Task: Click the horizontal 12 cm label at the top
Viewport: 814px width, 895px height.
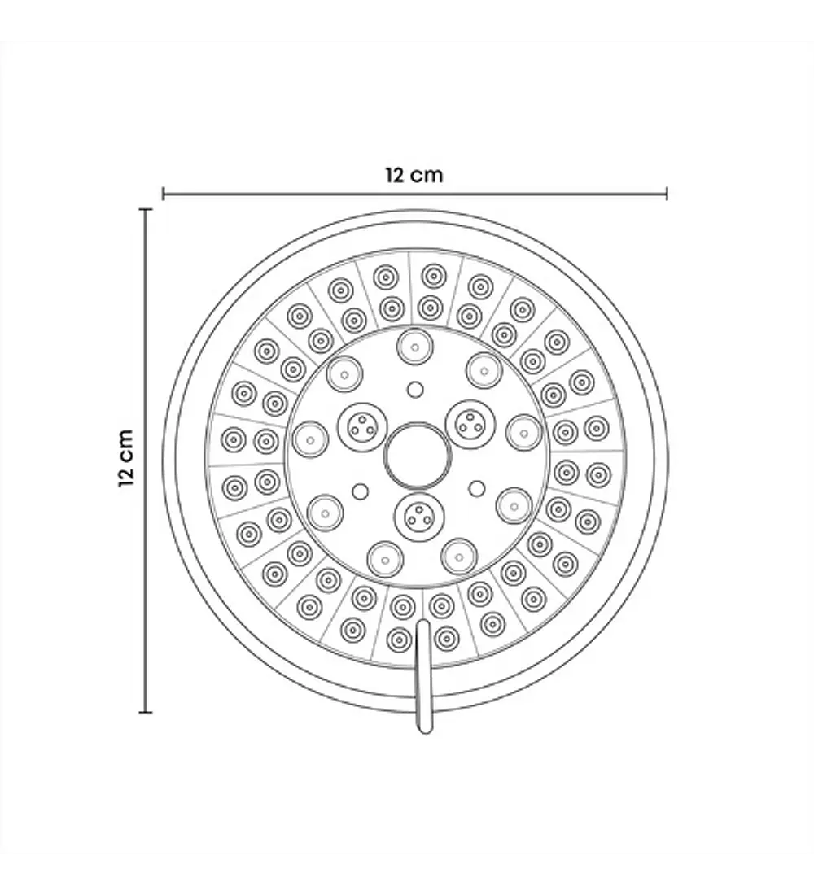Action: pos(414,175)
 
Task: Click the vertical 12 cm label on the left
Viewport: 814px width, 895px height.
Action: pos(126,458)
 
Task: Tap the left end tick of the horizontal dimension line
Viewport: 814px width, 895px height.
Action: pos(164,194)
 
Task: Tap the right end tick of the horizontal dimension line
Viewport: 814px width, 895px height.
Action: pos(667,194)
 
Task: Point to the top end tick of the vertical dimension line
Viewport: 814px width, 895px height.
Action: pos(146,210)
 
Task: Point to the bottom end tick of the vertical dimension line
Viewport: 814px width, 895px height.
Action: pos(146,712)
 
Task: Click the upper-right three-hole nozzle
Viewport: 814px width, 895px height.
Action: pos(470,424)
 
